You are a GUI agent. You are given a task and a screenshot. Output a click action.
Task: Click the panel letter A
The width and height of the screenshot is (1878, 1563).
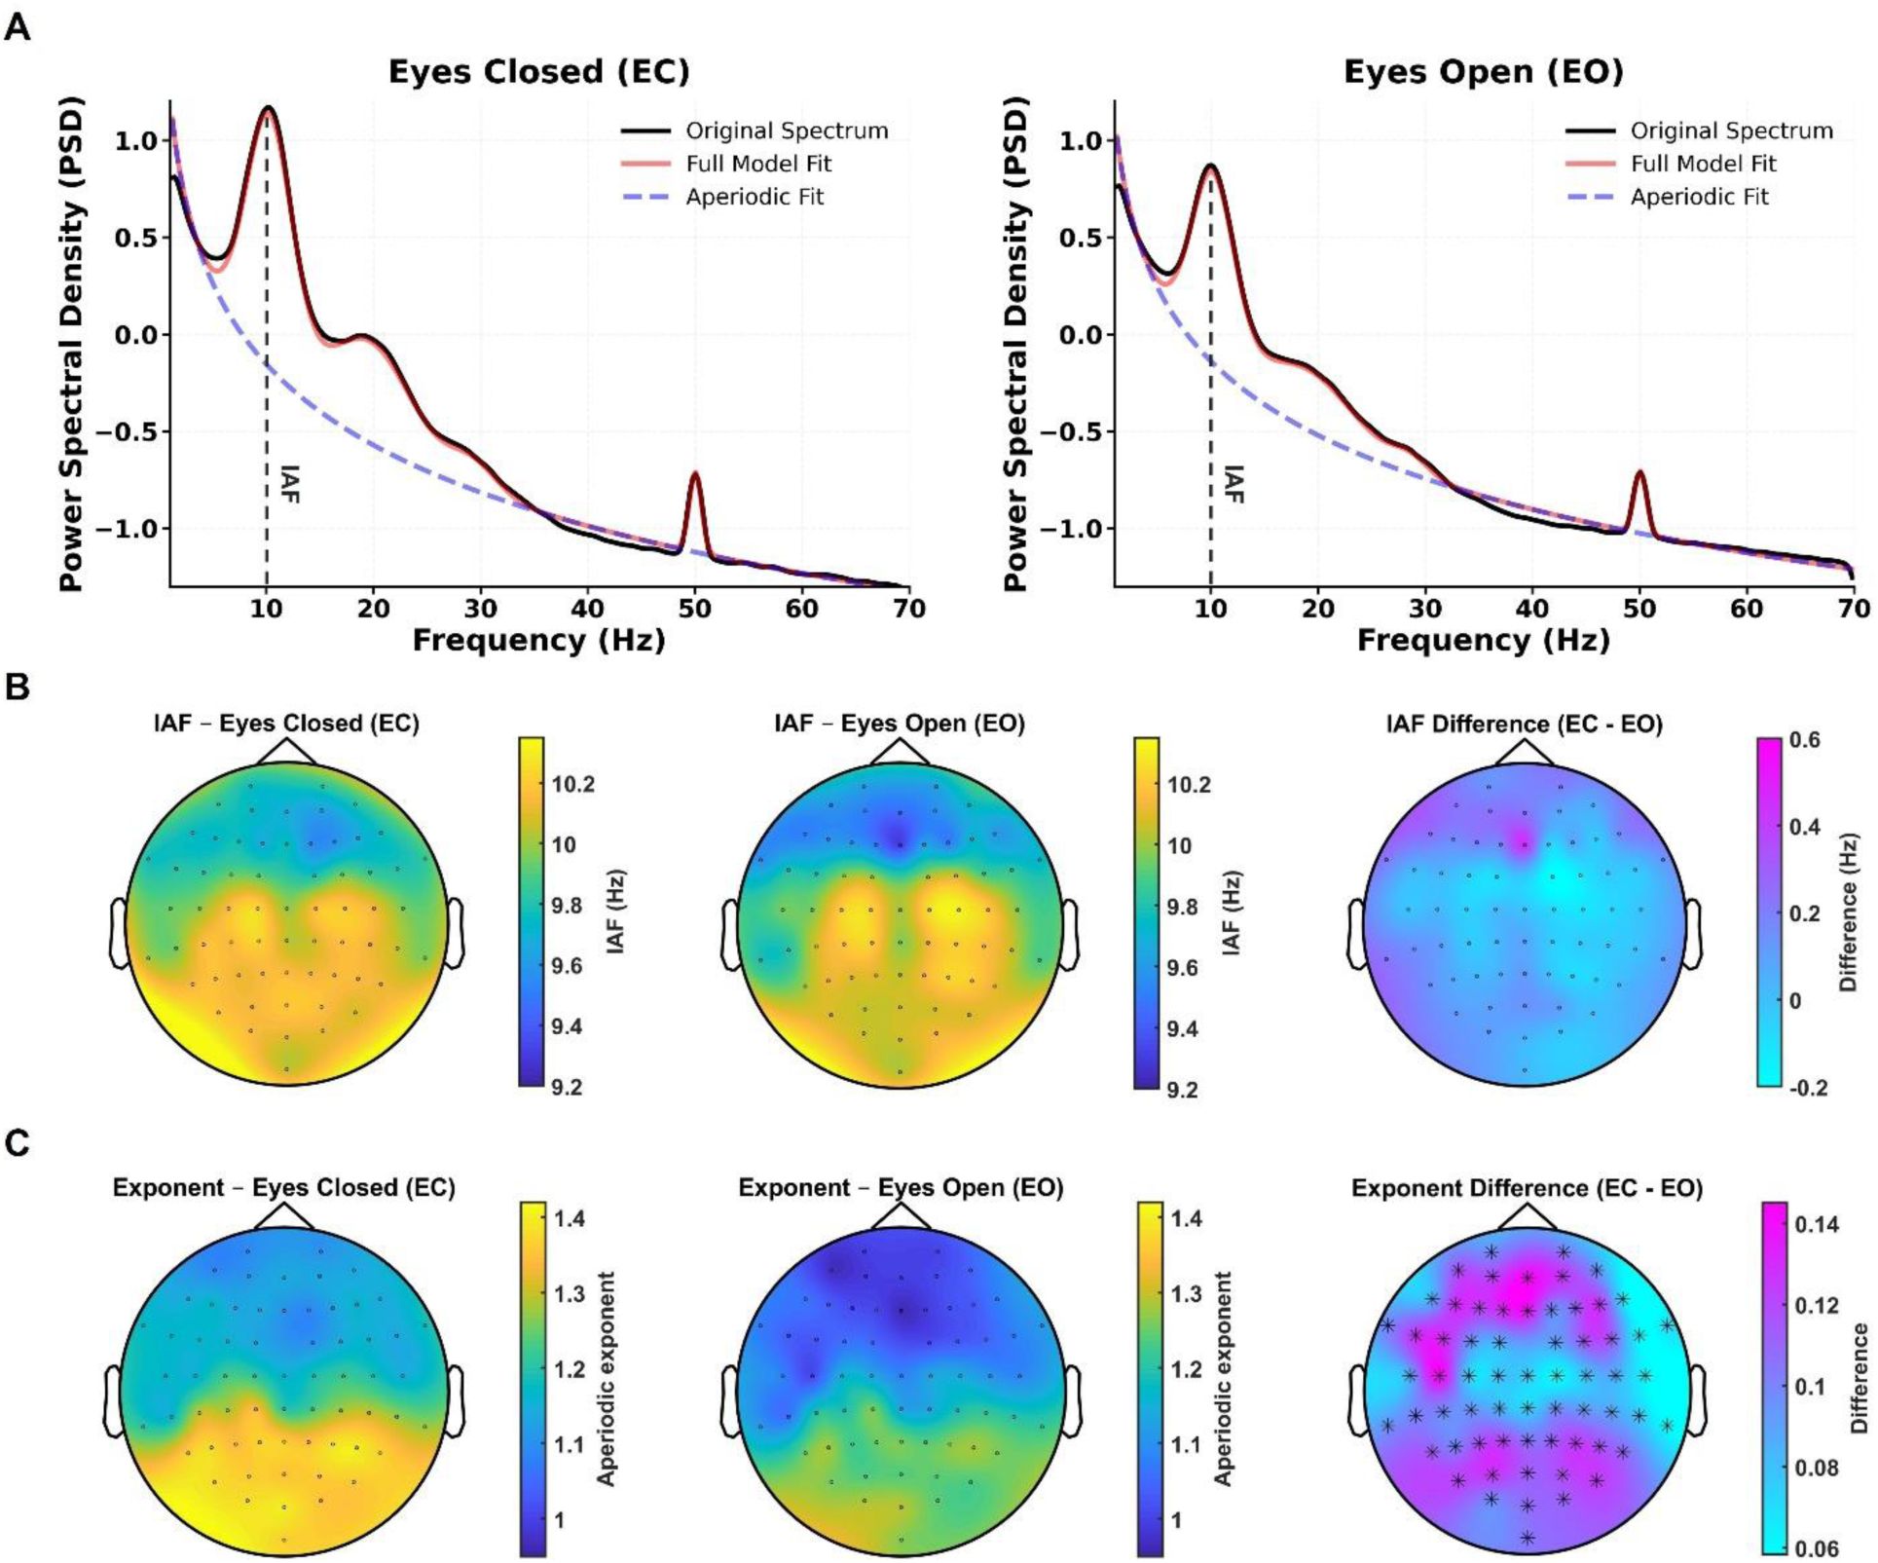point(18,27)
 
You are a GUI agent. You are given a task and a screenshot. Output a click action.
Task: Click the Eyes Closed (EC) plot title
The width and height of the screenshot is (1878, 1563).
point(538,72)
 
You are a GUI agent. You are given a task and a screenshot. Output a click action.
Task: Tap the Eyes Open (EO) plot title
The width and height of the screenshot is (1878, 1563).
point(1483,72)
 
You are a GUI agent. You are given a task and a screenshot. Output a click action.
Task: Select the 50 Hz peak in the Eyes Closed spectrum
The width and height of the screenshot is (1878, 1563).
point(694,475)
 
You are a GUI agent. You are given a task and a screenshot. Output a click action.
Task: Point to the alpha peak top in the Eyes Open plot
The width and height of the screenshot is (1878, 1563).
point(1210,167)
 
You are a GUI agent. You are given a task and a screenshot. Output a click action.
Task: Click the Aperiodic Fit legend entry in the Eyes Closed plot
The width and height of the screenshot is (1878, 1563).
point(755,197)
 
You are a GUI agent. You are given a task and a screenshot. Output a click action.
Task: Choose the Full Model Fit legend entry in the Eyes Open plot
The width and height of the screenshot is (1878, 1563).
point(1703,164)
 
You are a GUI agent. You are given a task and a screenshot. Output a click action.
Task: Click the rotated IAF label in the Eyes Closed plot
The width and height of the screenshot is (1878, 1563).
point(289,484)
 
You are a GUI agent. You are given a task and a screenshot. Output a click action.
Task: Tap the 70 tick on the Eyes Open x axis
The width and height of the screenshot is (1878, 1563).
point(1853,609)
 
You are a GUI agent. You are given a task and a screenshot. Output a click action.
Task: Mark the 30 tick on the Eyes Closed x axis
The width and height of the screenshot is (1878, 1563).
point(480,609)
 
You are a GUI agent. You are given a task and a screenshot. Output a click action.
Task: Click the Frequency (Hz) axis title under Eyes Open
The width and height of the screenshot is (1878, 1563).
point(1483,641)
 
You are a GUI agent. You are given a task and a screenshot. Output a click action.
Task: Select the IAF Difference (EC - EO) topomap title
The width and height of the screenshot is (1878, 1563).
point(1524,725)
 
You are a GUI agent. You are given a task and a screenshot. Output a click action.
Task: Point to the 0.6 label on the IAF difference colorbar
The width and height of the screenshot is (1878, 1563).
point(1804,740)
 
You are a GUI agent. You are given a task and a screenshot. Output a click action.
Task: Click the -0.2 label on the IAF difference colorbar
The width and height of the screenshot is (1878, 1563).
point(1807,1088)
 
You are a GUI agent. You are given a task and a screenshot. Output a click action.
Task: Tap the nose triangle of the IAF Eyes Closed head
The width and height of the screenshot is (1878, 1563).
point(286,752)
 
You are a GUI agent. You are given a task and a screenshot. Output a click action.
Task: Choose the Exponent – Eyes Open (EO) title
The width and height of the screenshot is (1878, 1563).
point(901,1188)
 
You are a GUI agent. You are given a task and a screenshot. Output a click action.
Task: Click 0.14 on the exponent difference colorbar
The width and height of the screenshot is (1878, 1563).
point(1817,1224)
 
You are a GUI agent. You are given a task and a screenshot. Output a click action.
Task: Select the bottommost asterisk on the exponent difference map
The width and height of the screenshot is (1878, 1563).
point(1528,1538)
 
